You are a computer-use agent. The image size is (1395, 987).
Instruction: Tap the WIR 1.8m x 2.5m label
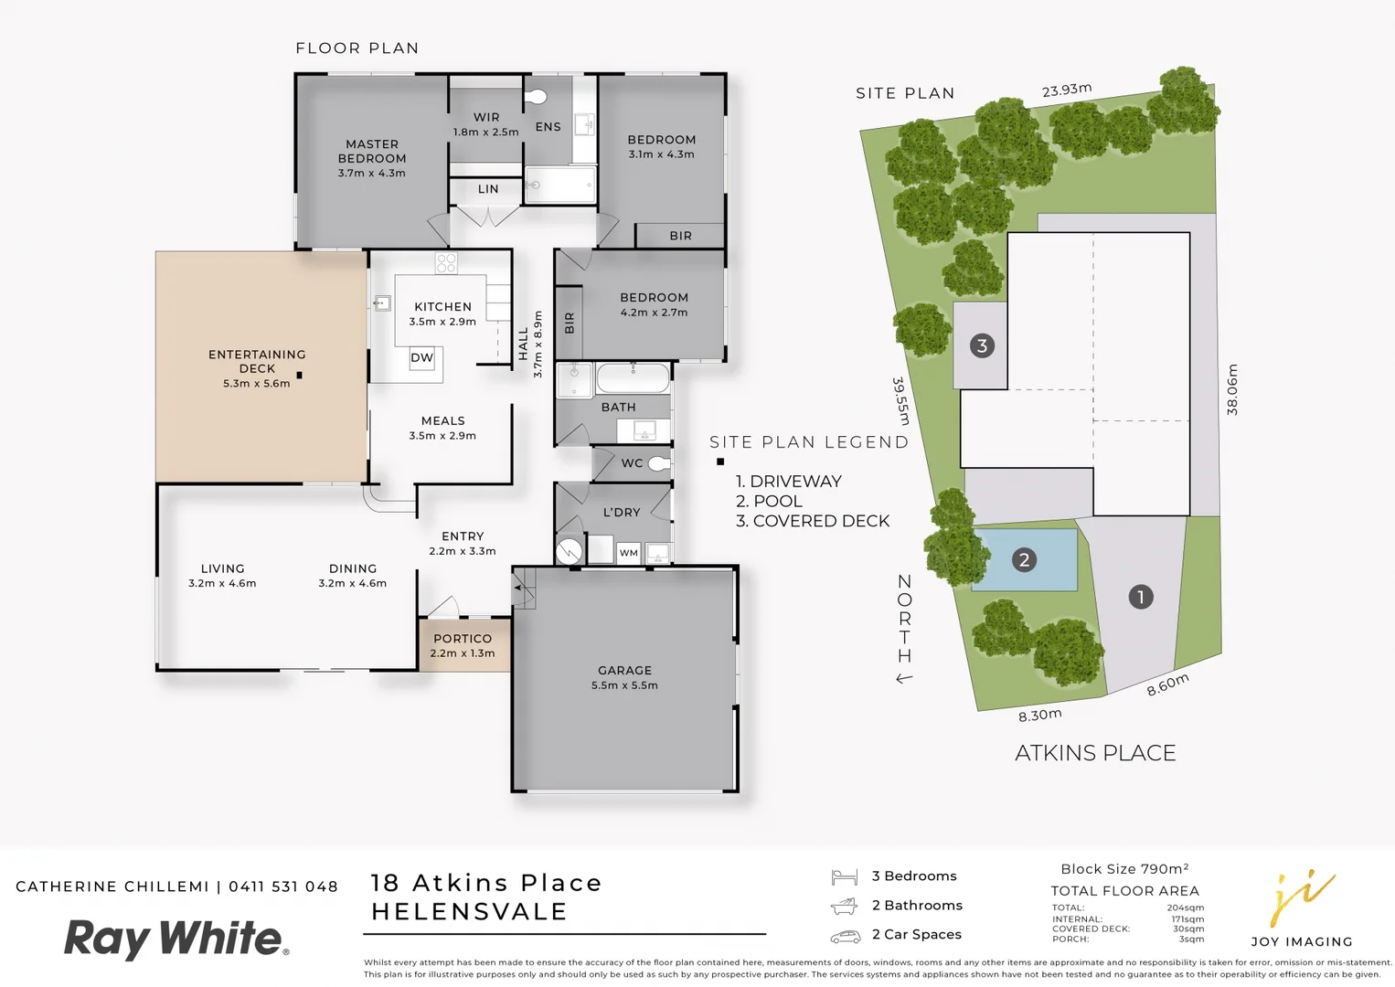pos(485,124)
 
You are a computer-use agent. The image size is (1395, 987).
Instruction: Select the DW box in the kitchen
pos(421,357)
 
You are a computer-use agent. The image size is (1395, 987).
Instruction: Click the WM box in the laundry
pos(628,553)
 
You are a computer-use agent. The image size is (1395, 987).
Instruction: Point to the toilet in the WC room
pos(658,463)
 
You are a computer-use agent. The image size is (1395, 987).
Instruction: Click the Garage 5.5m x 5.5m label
pos(624,677)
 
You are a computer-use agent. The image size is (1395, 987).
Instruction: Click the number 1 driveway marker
pos(1140,597)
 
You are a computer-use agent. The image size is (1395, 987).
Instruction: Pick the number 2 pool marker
pos(1024,559)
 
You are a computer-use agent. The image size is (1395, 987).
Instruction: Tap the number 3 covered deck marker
pos(982,345)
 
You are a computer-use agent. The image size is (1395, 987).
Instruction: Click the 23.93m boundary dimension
pos(1066,90)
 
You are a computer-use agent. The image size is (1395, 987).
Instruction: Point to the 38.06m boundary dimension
pos(1232,389)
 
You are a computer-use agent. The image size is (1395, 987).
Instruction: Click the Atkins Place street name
pos(1095,753)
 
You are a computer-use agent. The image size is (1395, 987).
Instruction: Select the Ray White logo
pos(176,939)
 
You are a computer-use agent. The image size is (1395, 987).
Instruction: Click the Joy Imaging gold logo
pos(1302,899)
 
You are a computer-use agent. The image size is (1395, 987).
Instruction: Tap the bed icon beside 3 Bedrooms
pos(844,877)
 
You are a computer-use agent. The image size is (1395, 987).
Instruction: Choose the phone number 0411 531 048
pos(283,886)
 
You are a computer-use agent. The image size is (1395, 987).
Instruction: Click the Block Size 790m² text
pos(1124,869)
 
